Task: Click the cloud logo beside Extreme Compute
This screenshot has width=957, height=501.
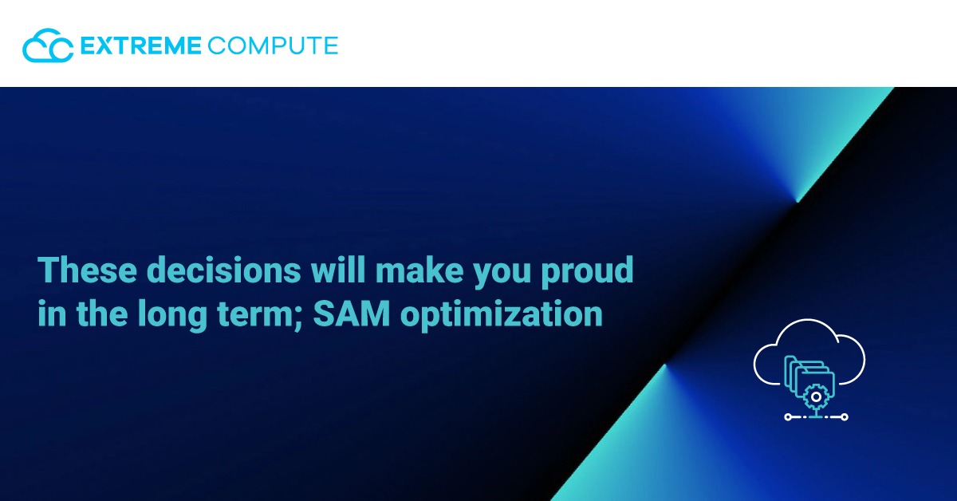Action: (x=48, y=45)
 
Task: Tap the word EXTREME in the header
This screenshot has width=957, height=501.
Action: (x=140, y=45)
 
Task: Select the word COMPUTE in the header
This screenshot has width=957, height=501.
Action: (x=273, y=45)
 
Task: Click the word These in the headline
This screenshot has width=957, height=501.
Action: (x=87, y=270)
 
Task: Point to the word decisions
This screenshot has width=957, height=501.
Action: (x=224, y=270)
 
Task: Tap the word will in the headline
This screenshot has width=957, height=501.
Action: (x=338, y=270)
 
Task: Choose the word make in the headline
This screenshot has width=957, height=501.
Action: (x=419, y=270)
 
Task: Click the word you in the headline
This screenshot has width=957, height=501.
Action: (x=502, y=274)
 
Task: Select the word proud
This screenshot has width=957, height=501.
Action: (x=587, y=271)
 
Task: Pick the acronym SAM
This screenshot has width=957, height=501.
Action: (x=352, y=314)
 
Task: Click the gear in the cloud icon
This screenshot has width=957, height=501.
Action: (x=816, y=397)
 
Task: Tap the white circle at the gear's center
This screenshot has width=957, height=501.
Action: (x=816, y=397)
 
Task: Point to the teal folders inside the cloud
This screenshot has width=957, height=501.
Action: (x=809, y=377)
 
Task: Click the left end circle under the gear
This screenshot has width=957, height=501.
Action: (x=788, y=416)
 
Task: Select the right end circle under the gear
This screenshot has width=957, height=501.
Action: (x=845, y=416)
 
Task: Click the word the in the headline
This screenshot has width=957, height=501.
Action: (x=102, y=314)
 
